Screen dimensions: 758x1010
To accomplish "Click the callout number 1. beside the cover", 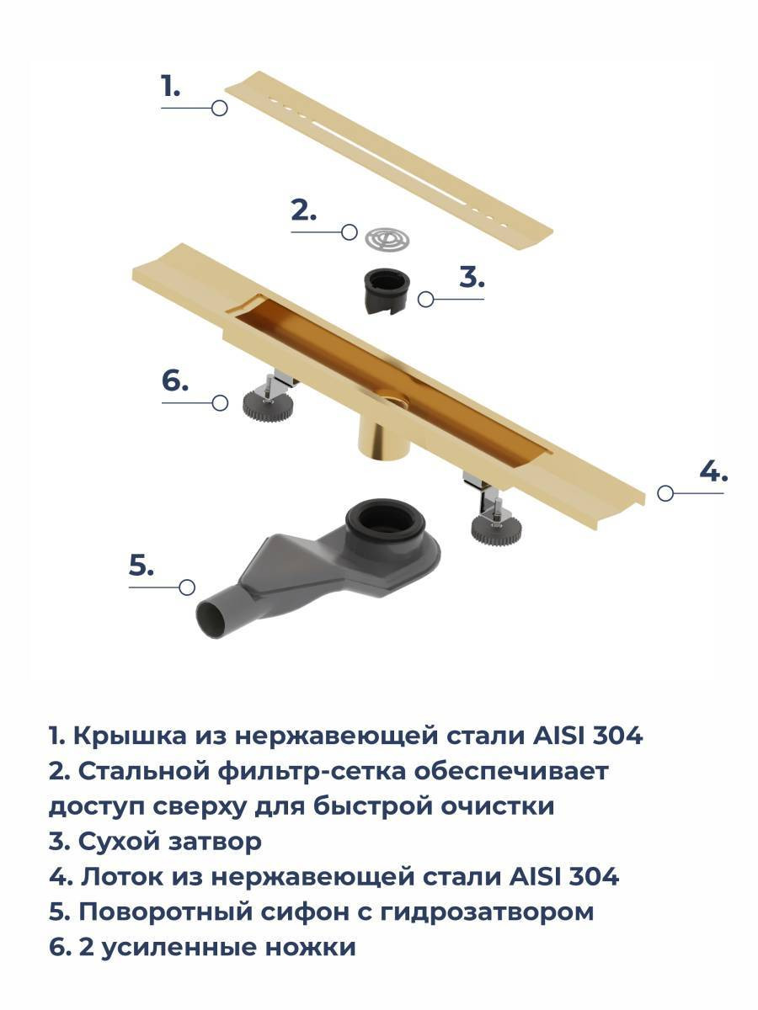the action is pyautogui.click(x=170, y=86).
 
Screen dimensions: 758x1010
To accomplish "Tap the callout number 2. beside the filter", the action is pyautogui.click(x=304, y=210).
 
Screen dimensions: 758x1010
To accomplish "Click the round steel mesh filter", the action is pyautogui.click(x=387, y=239).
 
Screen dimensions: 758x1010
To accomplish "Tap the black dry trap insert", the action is pyautogui.click(x=387, y=292).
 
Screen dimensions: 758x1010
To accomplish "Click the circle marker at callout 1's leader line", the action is pyautogui.click(x=219, y=109).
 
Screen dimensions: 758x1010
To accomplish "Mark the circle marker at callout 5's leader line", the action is pyautogui.click(x=187, y=587).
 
